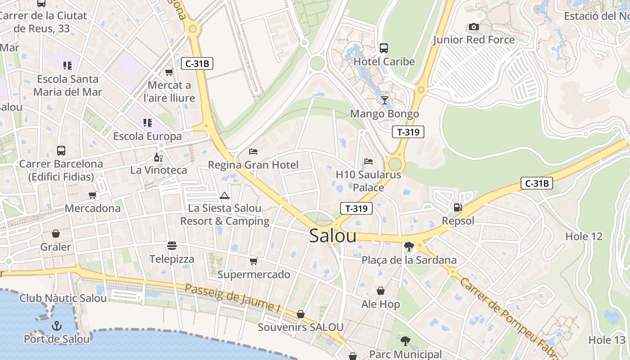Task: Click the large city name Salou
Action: [333, 236]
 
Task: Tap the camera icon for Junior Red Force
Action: [473, 27]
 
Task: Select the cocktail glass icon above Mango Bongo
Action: [384, 100]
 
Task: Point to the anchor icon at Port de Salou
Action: [57, 325]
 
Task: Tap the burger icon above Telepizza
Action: [171, 246]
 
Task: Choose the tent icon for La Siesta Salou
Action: [224, 195]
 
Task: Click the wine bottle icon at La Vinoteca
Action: [158, 157]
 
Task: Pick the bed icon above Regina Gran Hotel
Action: [253, 151]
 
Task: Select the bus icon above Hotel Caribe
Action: [384, 48]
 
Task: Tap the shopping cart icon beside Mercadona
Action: [92, 195]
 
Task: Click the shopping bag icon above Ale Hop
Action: [380, 291]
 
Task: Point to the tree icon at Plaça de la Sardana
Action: [409, 246]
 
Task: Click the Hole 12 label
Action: [584, 236]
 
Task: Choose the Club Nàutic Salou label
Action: [63, 298]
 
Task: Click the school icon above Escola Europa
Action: [147, 122]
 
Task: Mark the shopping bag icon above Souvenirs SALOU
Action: [300, 314]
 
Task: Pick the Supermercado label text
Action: [254, 274]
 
